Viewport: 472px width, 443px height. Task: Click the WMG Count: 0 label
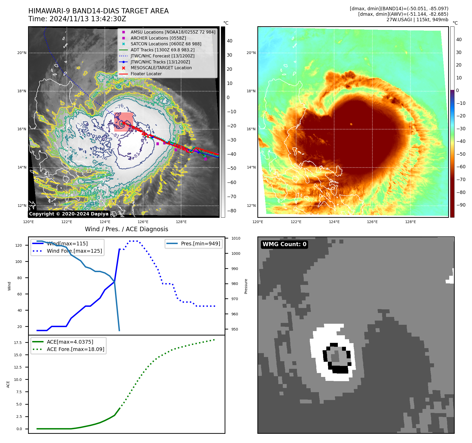[284, 244]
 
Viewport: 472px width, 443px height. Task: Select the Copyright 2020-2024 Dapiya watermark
[69, 214]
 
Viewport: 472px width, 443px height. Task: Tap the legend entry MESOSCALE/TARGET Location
[161, 68]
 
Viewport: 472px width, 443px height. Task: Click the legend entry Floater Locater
[146, 74]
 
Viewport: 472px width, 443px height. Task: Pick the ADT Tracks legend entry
[162, 50]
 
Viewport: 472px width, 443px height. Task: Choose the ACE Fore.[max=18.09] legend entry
[75, 349]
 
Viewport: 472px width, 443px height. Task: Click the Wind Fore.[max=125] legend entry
[74, 251]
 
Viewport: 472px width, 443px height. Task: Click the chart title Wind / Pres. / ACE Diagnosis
[126, 229]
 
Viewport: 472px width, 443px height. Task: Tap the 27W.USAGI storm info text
[417, 20]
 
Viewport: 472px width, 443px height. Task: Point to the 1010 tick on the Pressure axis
[236, 238]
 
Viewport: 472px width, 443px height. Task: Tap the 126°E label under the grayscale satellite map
[143, 222]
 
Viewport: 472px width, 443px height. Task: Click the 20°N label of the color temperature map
[251, 53]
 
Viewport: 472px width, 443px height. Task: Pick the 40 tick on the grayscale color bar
[230, 41]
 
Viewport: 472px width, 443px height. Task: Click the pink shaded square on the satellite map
[123, 122]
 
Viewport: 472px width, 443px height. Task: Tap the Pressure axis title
[246, 286]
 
